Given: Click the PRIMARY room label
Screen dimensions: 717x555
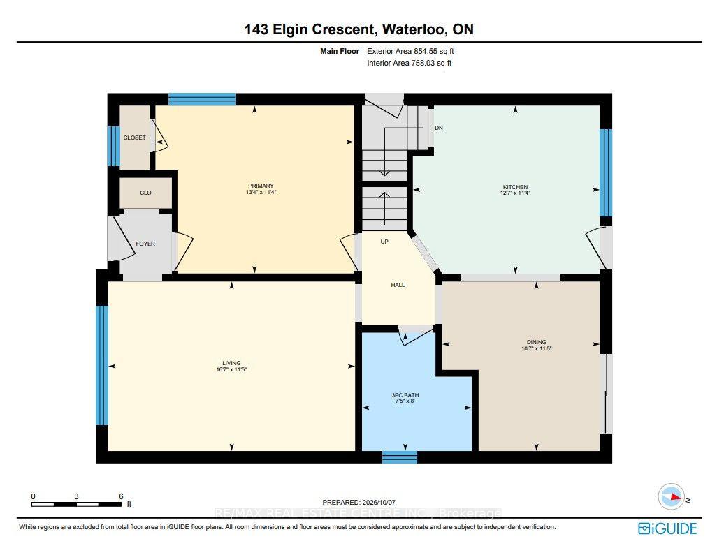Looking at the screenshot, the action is tap(261, 186).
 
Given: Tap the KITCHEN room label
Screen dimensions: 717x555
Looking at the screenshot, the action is tap(515, 187).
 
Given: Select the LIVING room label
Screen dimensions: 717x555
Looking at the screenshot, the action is tap(231, 364).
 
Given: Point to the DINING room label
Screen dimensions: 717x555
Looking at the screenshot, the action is tap(537, 342).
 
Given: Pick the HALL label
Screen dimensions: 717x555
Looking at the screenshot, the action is tap(398, 285).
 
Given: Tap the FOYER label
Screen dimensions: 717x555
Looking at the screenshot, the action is tap(145, 244).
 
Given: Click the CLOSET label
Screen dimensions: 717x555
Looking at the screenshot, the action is tap(134, 138).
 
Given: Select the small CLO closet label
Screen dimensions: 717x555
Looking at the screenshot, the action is tap(145, 193).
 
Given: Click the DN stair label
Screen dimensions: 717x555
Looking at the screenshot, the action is tap(439, 128).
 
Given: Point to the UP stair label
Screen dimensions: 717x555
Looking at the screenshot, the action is tap(384, 241).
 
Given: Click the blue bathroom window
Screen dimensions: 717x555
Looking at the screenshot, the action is tap(400, 457).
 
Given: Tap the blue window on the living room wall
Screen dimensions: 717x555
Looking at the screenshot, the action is tap(102, 365).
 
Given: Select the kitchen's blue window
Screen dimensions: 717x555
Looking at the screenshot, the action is tap(606, 172).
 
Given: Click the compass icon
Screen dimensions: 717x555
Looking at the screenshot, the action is tap(671, 497).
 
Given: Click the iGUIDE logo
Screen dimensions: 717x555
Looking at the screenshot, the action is tap(667, 528).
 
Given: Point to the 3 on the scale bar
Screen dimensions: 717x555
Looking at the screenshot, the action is tap(76, 496).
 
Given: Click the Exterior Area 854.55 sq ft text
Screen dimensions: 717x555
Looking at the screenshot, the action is tap(410, 51).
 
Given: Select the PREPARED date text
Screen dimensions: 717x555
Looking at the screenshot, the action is tap(359, 503).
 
